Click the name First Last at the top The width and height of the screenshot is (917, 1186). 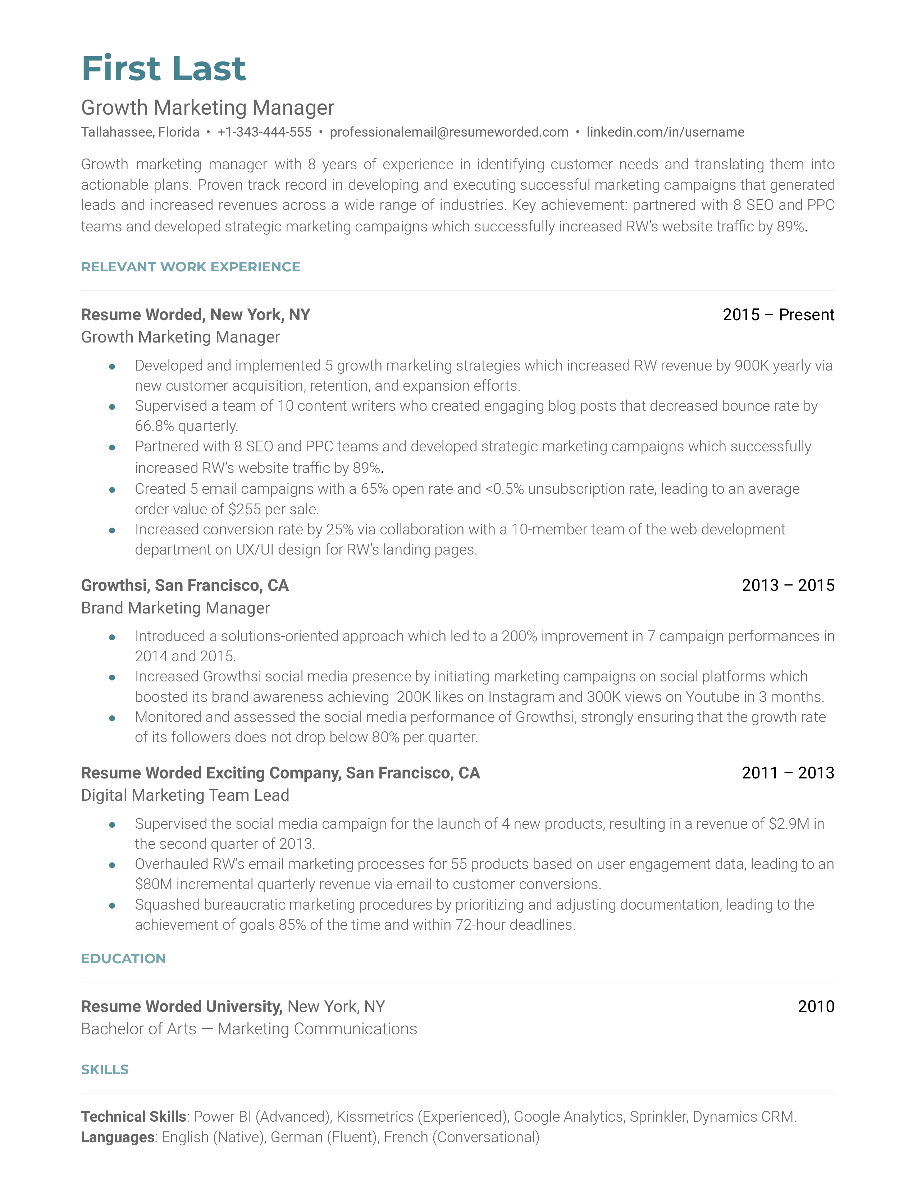164,69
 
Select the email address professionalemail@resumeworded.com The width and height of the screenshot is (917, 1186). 449,132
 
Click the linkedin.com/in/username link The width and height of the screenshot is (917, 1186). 665,132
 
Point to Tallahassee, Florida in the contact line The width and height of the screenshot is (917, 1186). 140,132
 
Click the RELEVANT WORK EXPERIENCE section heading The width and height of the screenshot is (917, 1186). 190,267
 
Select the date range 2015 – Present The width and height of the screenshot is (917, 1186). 778,314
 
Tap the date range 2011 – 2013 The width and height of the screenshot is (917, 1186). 788,772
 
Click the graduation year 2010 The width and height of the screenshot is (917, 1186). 816,1006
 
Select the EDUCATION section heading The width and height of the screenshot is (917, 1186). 123,959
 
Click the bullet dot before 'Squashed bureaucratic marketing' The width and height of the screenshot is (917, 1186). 112,905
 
